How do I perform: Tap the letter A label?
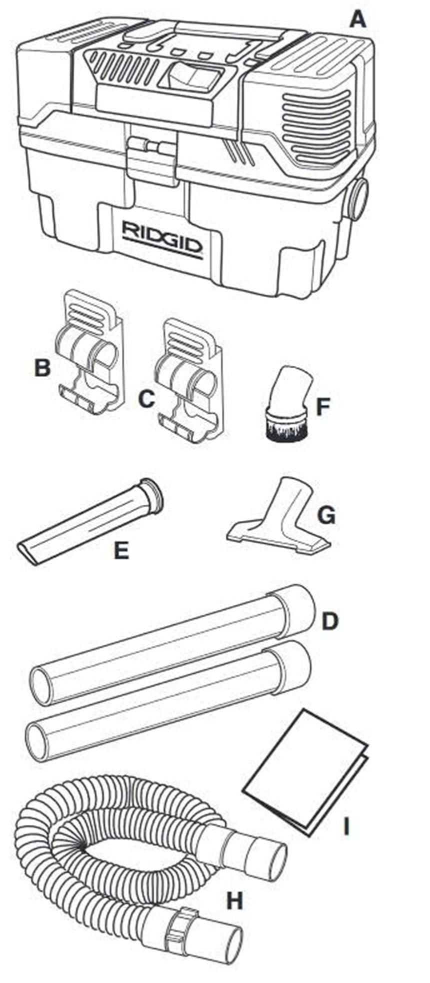357,20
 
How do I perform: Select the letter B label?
42,369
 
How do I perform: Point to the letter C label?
146,399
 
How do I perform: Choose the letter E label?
121,551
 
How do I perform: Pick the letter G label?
326,516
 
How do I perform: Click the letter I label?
345,827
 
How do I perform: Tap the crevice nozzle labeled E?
90,521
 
